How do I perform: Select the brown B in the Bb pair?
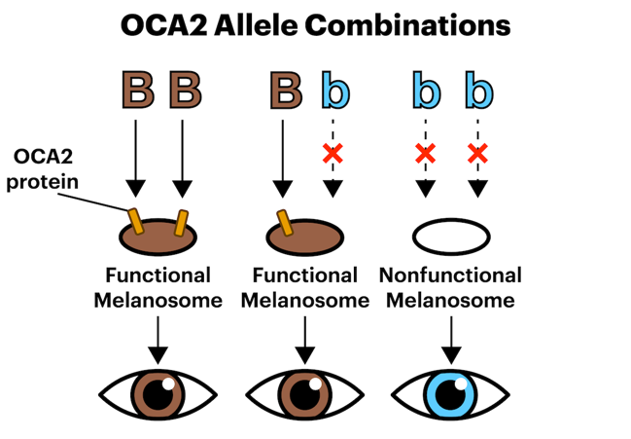point(284,90)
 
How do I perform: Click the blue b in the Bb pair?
point(333,90)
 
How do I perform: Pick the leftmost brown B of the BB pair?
point(136,90)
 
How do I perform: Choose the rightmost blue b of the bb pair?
point(477,90)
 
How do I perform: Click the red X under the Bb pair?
point(333,153)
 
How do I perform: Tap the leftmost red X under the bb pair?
point(425,153)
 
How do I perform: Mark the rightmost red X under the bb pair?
point(476,153)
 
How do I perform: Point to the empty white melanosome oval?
point(451,237)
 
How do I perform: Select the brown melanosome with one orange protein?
point(305,237)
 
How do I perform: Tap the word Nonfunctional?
point(450,276)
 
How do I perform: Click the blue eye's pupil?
point(450,394)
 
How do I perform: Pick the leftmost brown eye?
point(158,394)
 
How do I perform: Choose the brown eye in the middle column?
point(305,394)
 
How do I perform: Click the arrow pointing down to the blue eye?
point(450,336)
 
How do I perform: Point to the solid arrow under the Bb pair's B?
point(284,156)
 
